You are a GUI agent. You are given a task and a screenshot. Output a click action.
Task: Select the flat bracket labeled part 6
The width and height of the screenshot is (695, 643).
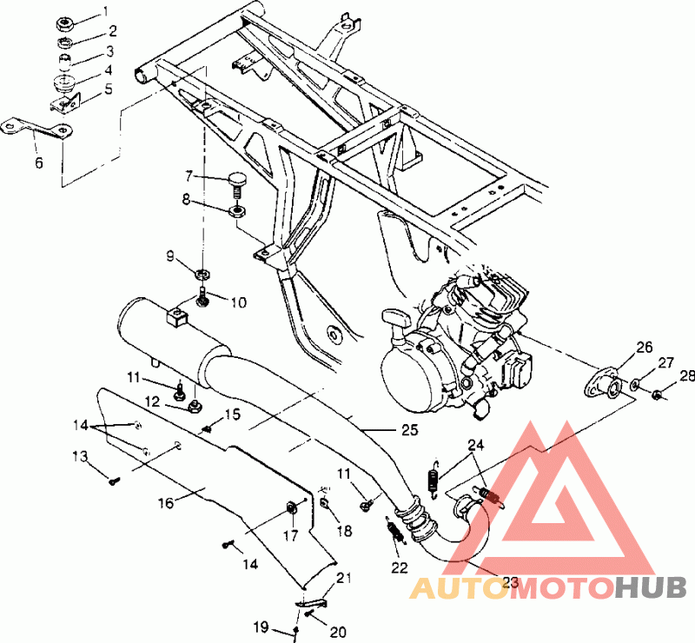(x=36, y=127)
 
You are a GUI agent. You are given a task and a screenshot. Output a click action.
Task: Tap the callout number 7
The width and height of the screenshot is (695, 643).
(x=189, y=176)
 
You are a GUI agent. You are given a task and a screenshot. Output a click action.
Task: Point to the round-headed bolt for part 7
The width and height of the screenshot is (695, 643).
(x=237, y=185)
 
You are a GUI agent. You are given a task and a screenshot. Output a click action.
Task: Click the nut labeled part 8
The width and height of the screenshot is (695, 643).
(x=237, y=210)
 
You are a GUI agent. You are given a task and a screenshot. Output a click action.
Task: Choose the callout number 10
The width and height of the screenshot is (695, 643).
(x=238, y=302)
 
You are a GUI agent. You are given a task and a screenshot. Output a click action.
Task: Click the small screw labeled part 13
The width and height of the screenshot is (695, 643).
(x=114, y=481)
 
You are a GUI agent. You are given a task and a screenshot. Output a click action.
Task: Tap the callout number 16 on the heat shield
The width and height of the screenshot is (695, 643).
(x=166, y=503)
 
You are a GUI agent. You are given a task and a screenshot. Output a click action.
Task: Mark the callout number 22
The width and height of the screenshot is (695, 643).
(x=400, y=567)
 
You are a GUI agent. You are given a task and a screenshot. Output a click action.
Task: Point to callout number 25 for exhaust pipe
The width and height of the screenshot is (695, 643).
(x=410, y=429)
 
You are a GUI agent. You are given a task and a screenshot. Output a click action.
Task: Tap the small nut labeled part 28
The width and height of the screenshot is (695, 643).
(x=658, y=394)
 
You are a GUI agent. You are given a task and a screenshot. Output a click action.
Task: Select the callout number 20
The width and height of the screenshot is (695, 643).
(x=338, y=632)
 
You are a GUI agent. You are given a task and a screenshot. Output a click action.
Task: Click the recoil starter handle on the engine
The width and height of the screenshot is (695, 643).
(x=395, y=319)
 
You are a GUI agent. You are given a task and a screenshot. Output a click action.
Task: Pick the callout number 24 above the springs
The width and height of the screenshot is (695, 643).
(x=475, y=445)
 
